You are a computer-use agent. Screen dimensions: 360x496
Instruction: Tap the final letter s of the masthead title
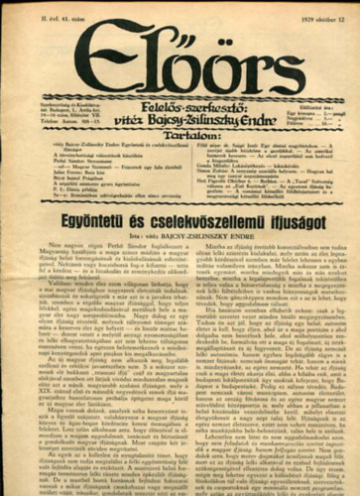point(260,52)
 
